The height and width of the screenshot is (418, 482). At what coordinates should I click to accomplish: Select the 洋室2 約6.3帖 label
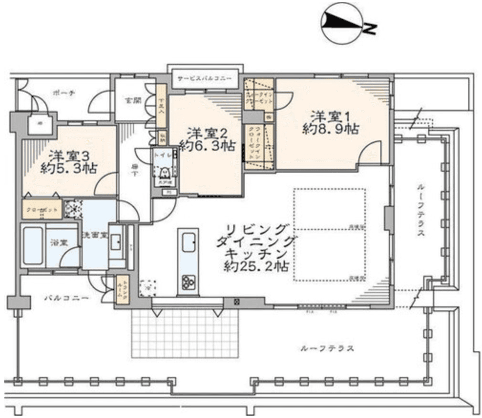tap(207, 139)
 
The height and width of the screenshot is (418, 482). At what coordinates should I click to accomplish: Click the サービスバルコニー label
tap(204, 78)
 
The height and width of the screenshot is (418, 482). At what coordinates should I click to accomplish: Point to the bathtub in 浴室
tap(33, 246)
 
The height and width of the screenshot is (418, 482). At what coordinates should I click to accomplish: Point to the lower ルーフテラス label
tap(327, 349)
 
